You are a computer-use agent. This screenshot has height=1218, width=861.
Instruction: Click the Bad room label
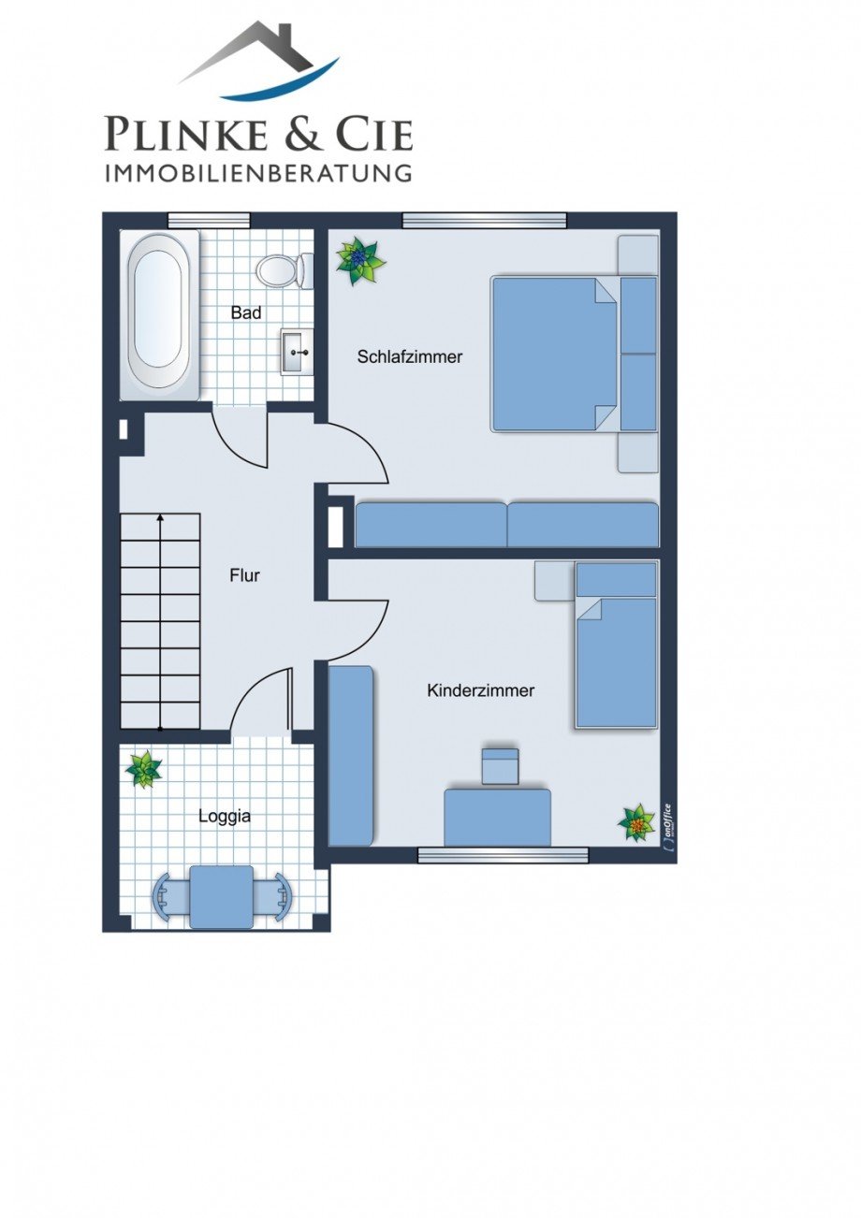[246, 312]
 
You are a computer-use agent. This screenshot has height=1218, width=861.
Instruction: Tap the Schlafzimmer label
[410, 356]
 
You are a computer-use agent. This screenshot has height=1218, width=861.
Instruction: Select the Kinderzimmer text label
[481, 690]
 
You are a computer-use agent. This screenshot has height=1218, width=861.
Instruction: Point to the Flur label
[245, 575]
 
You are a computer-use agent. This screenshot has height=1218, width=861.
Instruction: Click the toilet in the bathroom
[285, 270]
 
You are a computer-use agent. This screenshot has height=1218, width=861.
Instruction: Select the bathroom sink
[298, 351]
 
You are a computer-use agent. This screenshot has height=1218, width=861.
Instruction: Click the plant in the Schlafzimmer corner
[359, 261]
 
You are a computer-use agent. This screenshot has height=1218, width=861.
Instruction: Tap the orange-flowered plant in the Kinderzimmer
[637, 823]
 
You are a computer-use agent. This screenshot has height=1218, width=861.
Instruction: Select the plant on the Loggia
[143, 769]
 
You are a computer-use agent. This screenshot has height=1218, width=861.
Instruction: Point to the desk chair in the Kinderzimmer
[501, 766]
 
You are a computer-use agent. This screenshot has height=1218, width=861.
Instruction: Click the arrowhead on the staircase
[160, 517]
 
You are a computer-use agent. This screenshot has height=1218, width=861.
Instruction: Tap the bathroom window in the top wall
[209, 220]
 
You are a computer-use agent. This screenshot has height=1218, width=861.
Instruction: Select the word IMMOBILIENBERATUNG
[257, 172]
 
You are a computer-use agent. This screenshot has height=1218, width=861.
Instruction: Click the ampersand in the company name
[303, 133]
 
